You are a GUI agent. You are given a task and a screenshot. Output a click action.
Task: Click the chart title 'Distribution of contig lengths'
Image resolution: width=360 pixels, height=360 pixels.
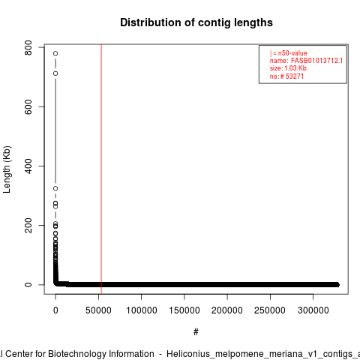pyautogui.click(x=196, y=22)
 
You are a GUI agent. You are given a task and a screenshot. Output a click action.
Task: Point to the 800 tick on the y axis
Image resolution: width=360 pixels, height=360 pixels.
pyautogui.click(x=28, y=47)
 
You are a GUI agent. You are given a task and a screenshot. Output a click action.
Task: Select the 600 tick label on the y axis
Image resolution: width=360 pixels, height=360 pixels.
pyautogui.click(x=28, y=106)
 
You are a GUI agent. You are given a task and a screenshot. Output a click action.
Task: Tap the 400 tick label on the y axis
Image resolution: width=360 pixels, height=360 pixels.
pyautogui.click(x=28, y=166)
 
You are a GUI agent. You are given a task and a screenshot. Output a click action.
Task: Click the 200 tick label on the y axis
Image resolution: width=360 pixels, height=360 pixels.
pyautogui.click(x=28, y=225)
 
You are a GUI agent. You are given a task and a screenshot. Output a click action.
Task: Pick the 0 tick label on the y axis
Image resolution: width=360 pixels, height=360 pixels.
pyautogui.click(x=28, y=284)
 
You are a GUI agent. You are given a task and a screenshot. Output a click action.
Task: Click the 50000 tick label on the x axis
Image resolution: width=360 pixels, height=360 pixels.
pyautogui.click(x=98, y=310)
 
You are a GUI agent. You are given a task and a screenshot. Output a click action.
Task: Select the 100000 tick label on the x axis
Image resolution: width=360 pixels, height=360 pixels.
pyautogui.click(x=142, y=310)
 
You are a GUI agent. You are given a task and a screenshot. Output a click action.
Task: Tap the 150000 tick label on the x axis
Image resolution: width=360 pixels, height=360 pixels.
pyautogui.click(x=184, y=310)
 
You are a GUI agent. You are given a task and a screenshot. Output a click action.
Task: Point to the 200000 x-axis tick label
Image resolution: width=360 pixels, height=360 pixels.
pyautogui.click(x=227, y=310)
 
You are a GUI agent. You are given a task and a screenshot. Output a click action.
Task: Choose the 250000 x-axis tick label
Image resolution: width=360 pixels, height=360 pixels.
pyautogui.click(x=270, y=310)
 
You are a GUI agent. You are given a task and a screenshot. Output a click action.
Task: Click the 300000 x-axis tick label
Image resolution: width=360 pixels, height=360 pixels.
pyautogui.click(x=313, y=310)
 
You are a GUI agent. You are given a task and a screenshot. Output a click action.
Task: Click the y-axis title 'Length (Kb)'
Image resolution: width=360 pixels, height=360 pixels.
pyautogui.click(x=7, y=169)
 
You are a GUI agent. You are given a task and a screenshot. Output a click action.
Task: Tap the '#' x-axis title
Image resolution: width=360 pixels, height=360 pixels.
pyautogui.click(x=196, y=332)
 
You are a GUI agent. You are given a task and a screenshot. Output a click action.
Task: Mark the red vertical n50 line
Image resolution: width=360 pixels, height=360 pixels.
pyautogui.click(x=101, y=169)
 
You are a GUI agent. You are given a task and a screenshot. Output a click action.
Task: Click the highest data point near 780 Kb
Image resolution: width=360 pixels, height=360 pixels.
pyautogui.click(x=55, y=53)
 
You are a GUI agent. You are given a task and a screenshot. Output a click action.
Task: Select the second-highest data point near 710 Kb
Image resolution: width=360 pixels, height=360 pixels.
pyautogui.click(x=55, y=73)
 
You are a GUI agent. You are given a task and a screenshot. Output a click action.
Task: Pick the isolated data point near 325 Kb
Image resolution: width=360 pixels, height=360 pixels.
pyautogui.click(x=55, y=188)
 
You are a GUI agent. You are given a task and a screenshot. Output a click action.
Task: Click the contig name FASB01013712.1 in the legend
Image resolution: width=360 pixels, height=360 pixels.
pyautogui.click(x=316, y=61)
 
